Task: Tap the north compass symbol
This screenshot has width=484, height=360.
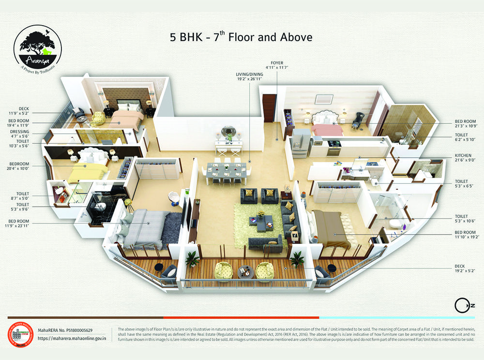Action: pyautogui.click(x=460, y=306)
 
